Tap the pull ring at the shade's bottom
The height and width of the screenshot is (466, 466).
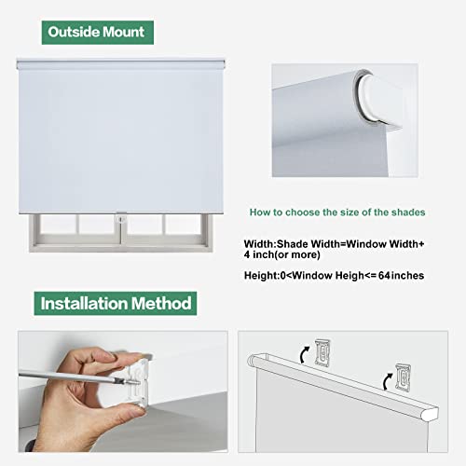(120, 215)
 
